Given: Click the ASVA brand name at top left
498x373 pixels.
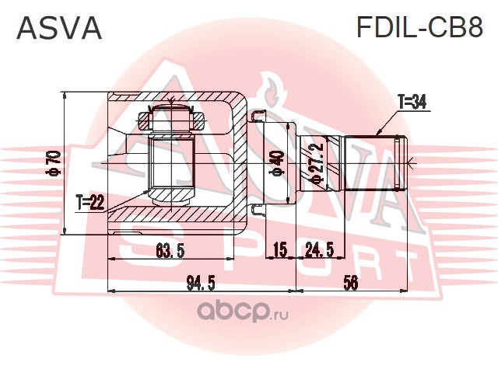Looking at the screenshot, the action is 59,28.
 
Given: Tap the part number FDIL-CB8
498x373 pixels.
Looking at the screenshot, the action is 420,27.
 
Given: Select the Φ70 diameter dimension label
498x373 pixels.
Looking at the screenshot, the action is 54,162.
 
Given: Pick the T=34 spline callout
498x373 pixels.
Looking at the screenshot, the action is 412,102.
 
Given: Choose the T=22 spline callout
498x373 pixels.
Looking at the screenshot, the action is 90,202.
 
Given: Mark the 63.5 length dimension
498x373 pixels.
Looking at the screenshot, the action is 170,251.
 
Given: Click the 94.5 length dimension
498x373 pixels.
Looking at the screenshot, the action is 201,283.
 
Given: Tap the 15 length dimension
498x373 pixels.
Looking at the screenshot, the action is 281,250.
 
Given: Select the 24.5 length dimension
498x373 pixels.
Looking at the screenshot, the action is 319,250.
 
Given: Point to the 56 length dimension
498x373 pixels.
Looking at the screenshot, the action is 351,282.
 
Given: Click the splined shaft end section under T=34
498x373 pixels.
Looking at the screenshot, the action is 376,162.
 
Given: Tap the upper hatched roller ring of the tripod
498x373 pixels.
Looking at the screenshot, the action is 171,120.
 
